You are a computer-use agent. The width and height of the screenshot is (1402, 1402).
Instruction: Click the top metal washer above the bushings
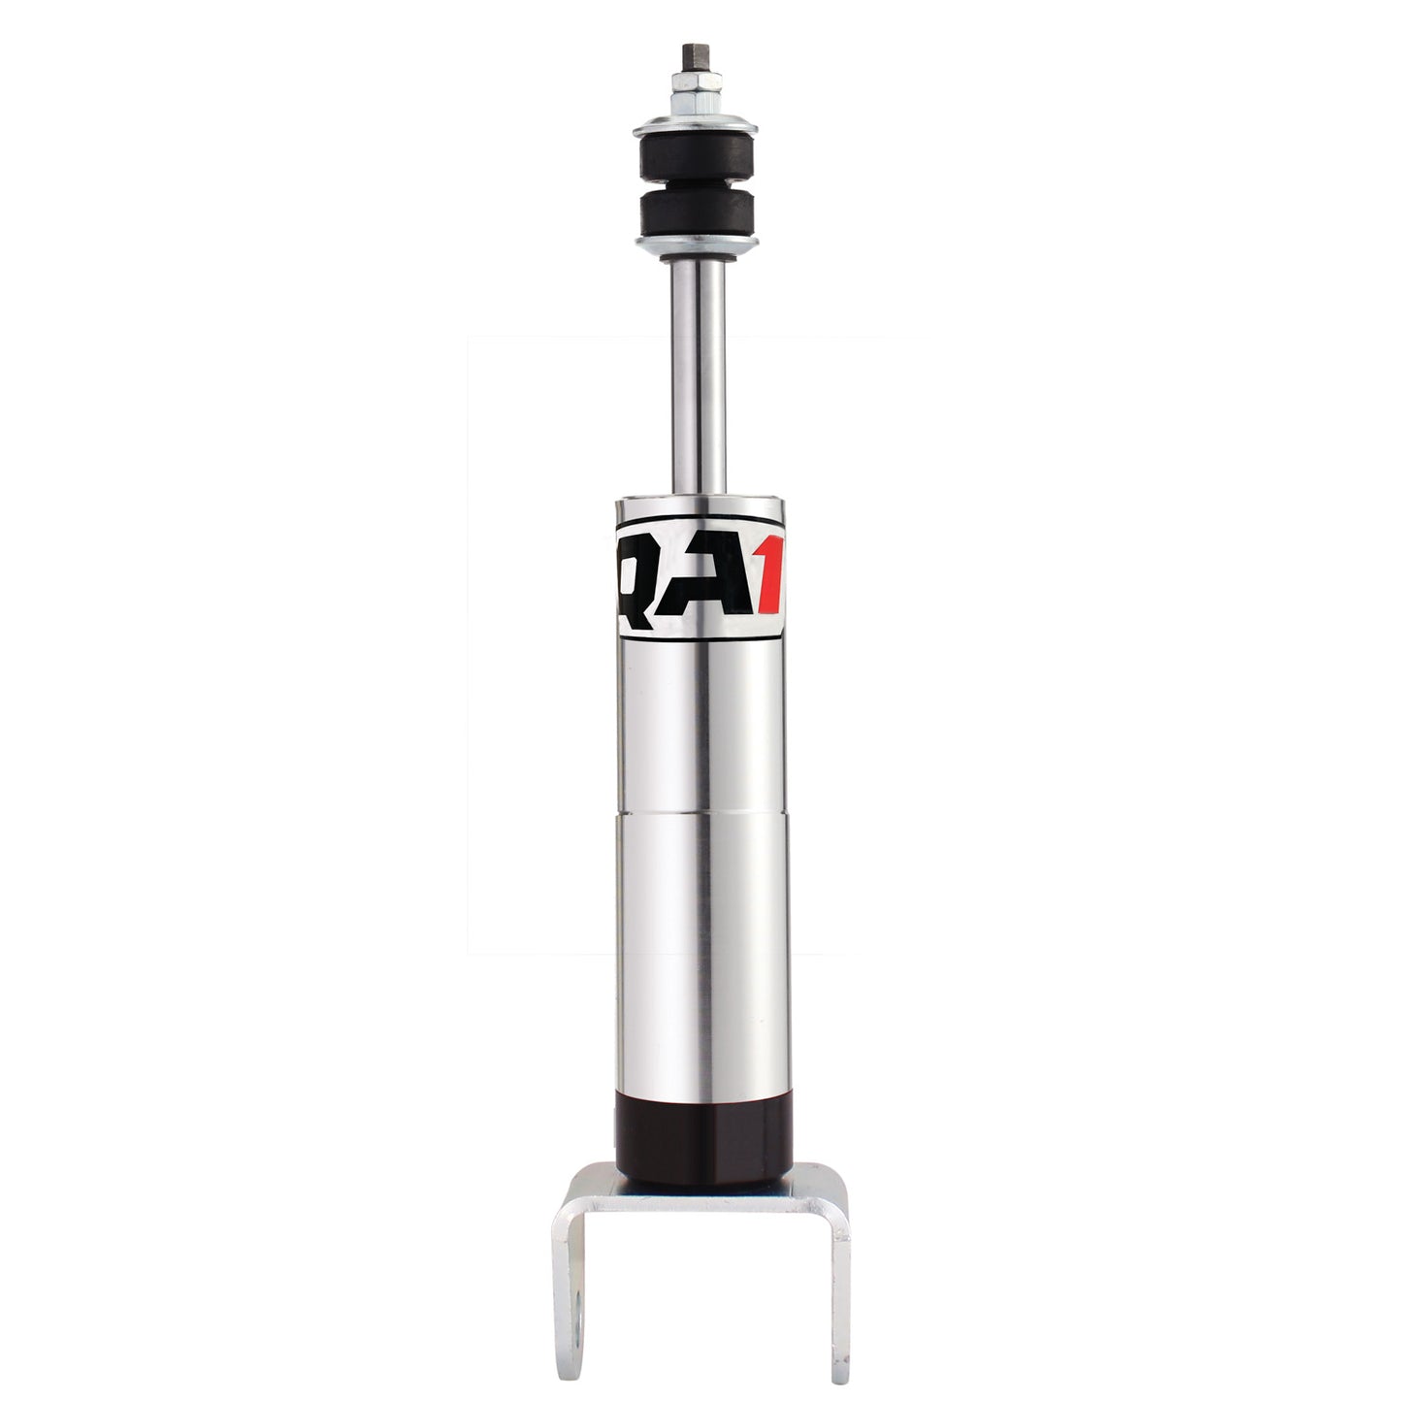pos(695,126)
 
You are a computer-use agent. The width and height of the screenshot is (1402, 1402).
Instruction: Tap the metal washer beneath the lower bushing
pos(695,244)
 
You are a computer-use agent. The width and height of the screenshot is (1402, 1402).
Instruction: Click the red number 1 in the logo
pos(767,586)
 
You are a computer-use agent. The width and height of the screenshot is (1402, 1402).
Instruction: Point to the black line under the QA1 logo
pos(699,639)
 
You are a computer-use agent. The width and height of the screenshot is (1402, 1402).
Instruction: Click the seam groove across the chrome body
pos(702,812)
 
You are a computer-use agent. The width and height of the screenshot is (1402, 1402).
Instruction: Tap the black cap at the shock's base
pos(703,1136)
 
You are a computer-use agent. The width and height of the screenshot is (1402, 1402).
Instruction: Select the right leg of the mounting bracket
pos(839,1290)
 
